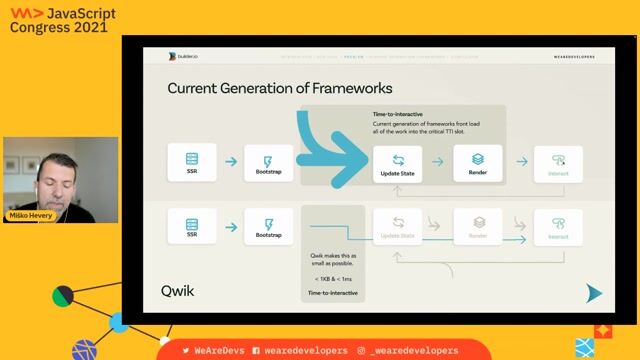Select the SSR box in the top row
coord(191,162)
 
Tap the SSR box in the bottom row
coord(191,227)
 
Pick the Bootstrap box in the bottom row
coord(269,227)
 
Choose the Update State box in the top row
coord(397,162)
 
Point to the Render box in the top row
coord(478,162)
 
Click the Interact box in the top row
coord(558,162)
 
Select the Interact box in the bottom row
coord(558,227)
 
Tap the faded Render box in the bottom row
coord(478,227)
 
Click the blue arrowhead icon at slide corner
coord(594,292)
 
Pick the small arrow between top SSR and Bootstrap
coord(230,161)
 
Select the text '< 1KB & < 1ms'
coord(332,277)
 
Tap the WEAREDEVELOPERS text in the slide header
coord(574,57)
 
